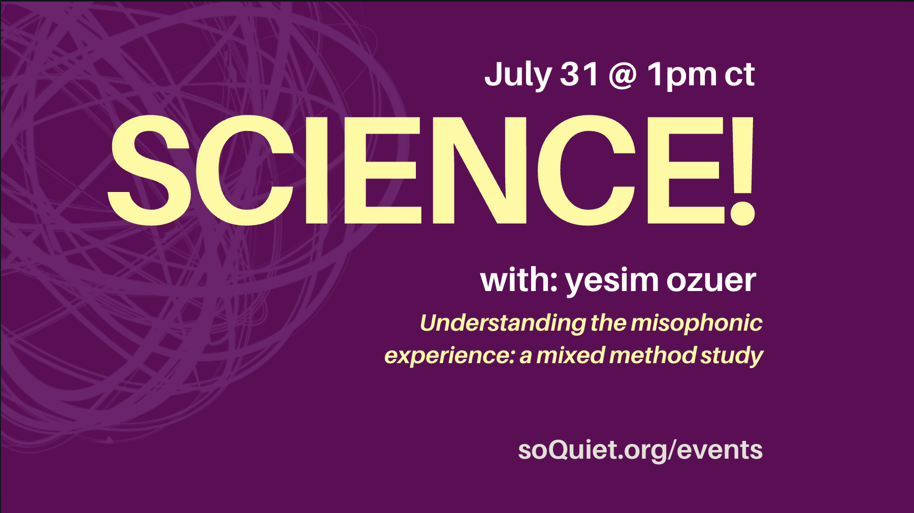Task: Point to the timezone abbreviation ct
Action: (739, 75)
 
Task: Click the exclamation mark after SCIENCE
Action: (743, 170)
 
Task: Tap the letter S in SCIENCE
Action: (149, 170)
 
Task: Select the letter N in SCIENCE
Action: (478, 170)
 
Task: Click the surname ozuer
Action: (711, 280)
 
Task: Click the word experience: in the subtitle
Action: (450, 356)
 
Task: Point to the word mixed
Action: (570, 355)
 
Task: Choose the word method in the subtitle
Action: (652, 355)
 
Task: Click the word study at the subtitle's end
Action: (732, 356)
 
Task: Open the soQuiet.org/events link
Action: (640, 450)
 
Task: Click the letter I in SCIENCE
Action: (316, 170)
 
